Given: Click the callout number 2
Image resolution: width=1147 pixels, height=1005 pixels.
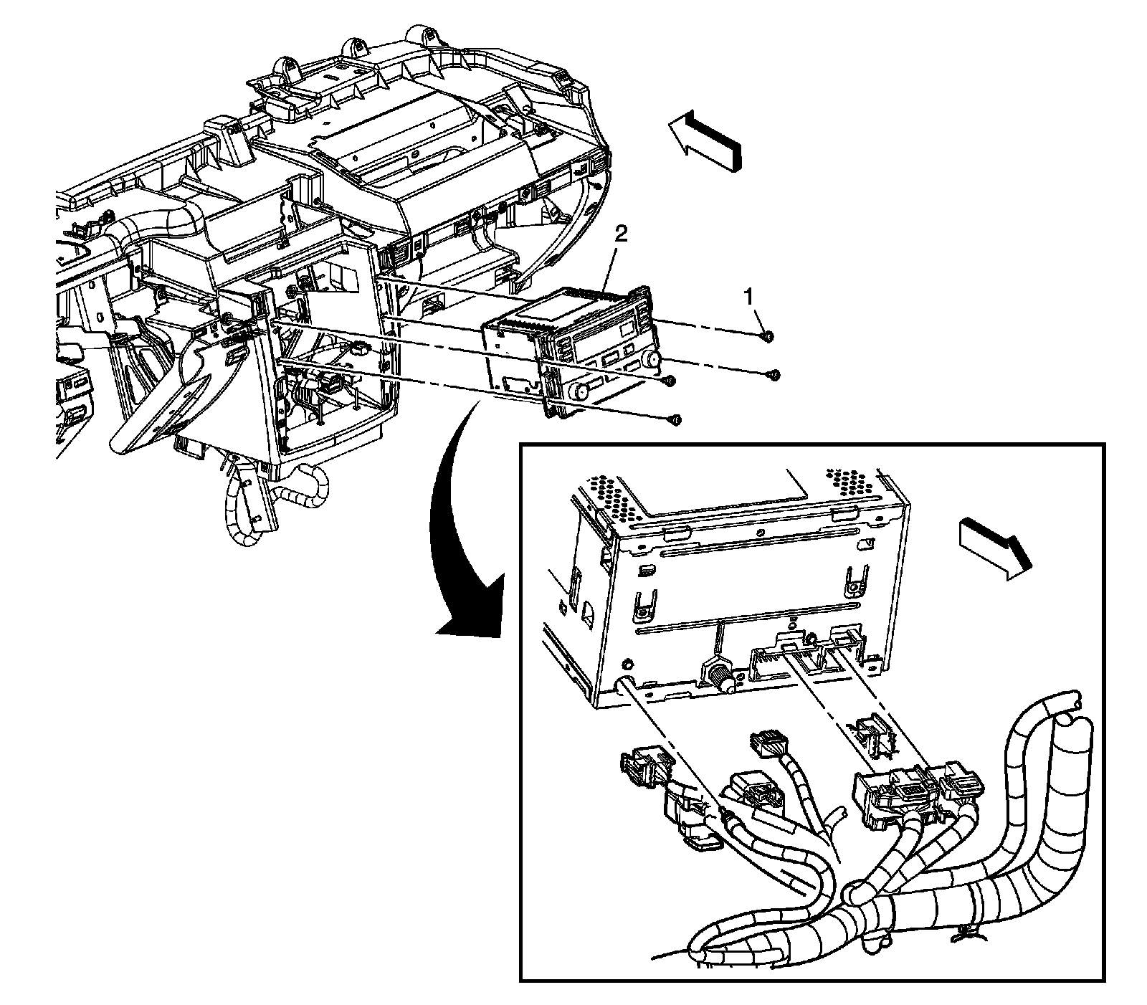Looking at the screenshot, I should pyautogui.click(x=622, y=234).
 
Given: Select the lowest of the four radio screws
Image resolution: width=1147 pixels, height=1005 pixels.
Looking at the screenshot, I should pyautogui.click(x=674, y=419).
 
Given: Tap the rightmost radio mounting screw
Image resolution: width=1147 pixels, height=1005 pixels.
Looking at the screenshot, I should pyautogui.click(x=773, y=374).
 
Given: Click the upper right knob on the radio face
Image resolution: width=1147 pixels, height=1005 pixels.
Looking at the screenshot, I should pyautogui.click(x=654, y=358).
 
